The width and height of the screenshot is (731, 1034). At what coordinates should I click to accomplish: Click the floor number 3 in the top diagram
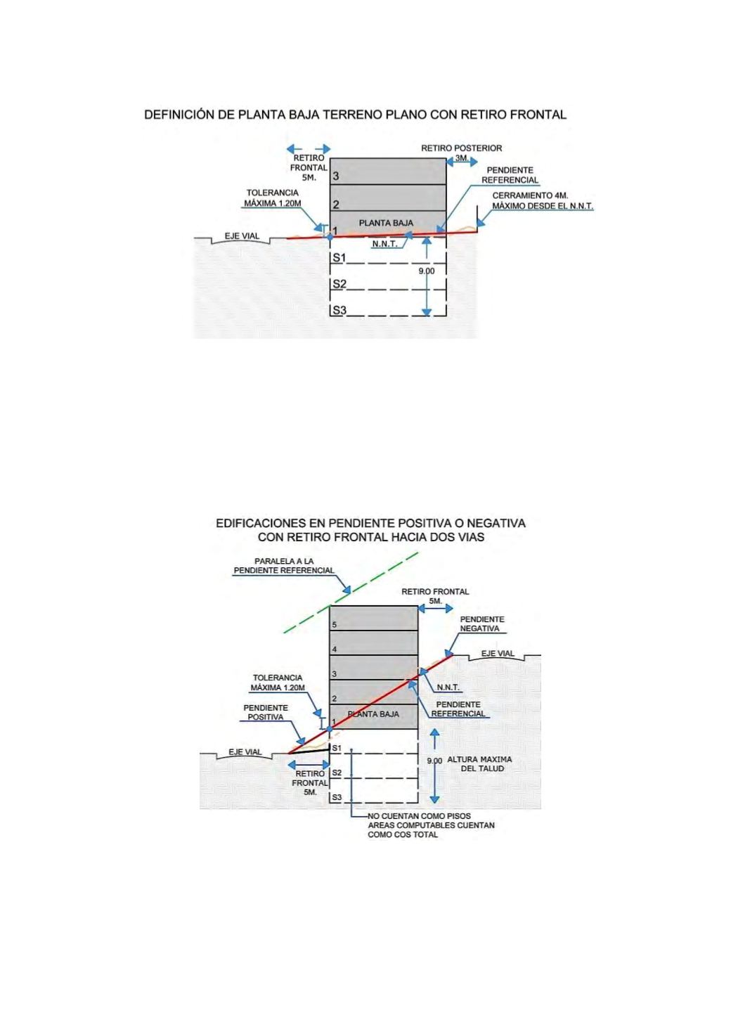click(336, 176)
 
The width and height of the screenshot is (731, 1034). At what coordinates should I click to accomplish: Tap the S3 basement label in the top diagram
click(339, 310)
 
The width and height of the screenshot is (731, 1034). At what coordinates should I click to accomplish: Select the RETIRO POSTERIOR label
click(461, 148)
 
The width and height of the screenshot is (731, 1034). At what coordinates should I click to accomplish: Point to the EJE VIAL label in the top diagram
click(242, 236)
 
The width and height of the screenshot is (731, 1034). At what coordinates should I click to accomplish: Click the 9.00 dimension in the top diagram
click(427, 271)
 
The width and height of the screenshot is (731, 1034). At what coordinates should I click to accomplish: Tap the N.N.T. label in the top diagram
click(385, 244)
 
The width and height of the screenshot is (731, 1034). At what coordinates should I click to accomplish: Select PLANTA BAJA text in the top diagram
click(386, 223)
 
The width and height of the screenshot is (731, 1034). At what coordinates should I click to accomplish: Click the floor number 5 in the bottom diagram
click(335, 625)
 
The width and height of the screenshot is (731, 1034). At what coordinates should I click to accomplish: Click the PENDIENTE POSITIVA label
click(266, 712)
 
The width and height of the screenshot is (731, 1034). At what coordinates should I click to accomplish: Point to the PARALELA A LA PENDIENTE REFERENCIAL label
click(284, 565)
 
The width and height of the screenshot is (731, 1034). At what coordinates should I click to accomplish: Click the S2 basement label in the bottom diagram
click(337, 773)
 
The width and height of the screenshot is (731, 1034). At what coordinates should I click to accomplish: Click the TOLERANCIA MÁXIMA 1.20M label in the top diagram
click(272, 198)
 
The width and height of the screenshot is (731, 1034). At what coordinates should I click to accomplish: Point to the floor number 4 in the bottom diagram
click(335, 650)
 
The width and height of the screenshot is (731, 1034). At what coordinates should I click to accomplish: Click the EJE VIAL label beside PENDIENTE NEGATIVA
click(498, 654)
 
